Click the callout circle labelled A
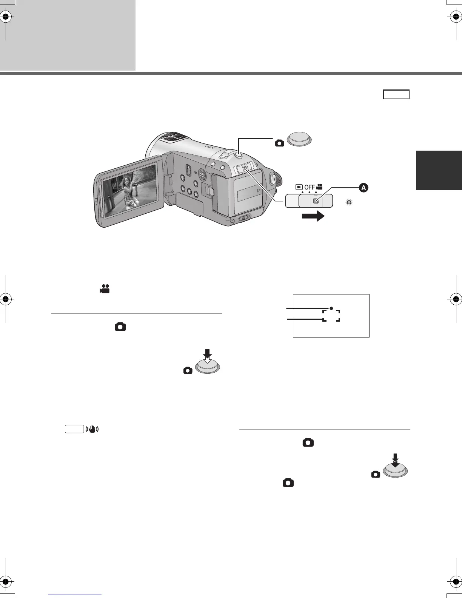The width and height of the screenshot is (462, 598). pyautogui.click(x=363, y=188)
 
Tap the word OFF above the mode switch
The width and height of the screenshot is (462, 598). pyautogui.click(x=310, y=187)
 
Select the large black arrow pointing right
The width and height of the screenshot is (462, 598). pyautogui.click(x=313, y=216)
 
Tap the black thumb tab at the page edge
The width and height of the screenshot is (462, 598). pyautogui.click(x=439, y=170)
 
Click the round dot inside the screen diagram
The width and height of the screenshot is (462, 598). pyautogui.click(x=331, y=308)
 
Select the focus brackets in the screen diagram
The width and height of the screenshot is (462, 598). pyautogui.click(x=331, y=316)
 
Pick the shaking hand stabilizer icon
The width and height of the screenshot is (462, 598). pyautogui.click(x=92, y=429)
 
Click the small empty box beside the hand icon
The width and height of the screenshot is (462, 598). pyautogui.click(x=74, y=429)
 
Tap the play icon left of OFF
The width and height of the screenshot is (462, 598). pyautogui.click(x=299, y=187)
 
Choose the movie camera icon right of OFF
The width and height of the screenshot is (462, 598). pyautogui.click(x=319, y=186)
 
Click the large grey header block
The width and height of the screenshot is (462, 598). pyautogui.click(x=68, y=35)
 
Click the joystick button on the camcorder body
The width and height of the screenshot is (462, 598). pyautogui.click(x=202, y=174)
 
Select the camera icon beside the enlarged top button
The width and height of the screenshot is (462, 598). pyautogui.click(x=280, y=143)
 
